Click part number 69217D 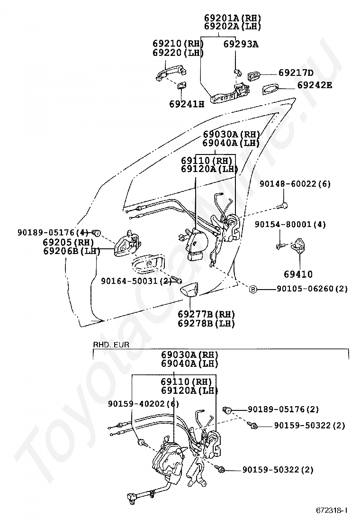[x=296, y=73]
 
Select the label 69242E [x=315, y=85]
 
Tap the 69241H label [x=186, y=103]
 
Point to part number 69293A [x=241, y=44]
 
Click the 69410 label [x=298, y=274]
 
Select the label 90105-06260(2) [x=312, y=289]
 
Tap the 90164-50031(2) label [x=135, y=281]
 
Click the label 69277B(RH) [x=207, y=314]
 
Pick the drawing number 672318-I [x=332, y=510]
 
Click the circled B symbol [x=253, y=289]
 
